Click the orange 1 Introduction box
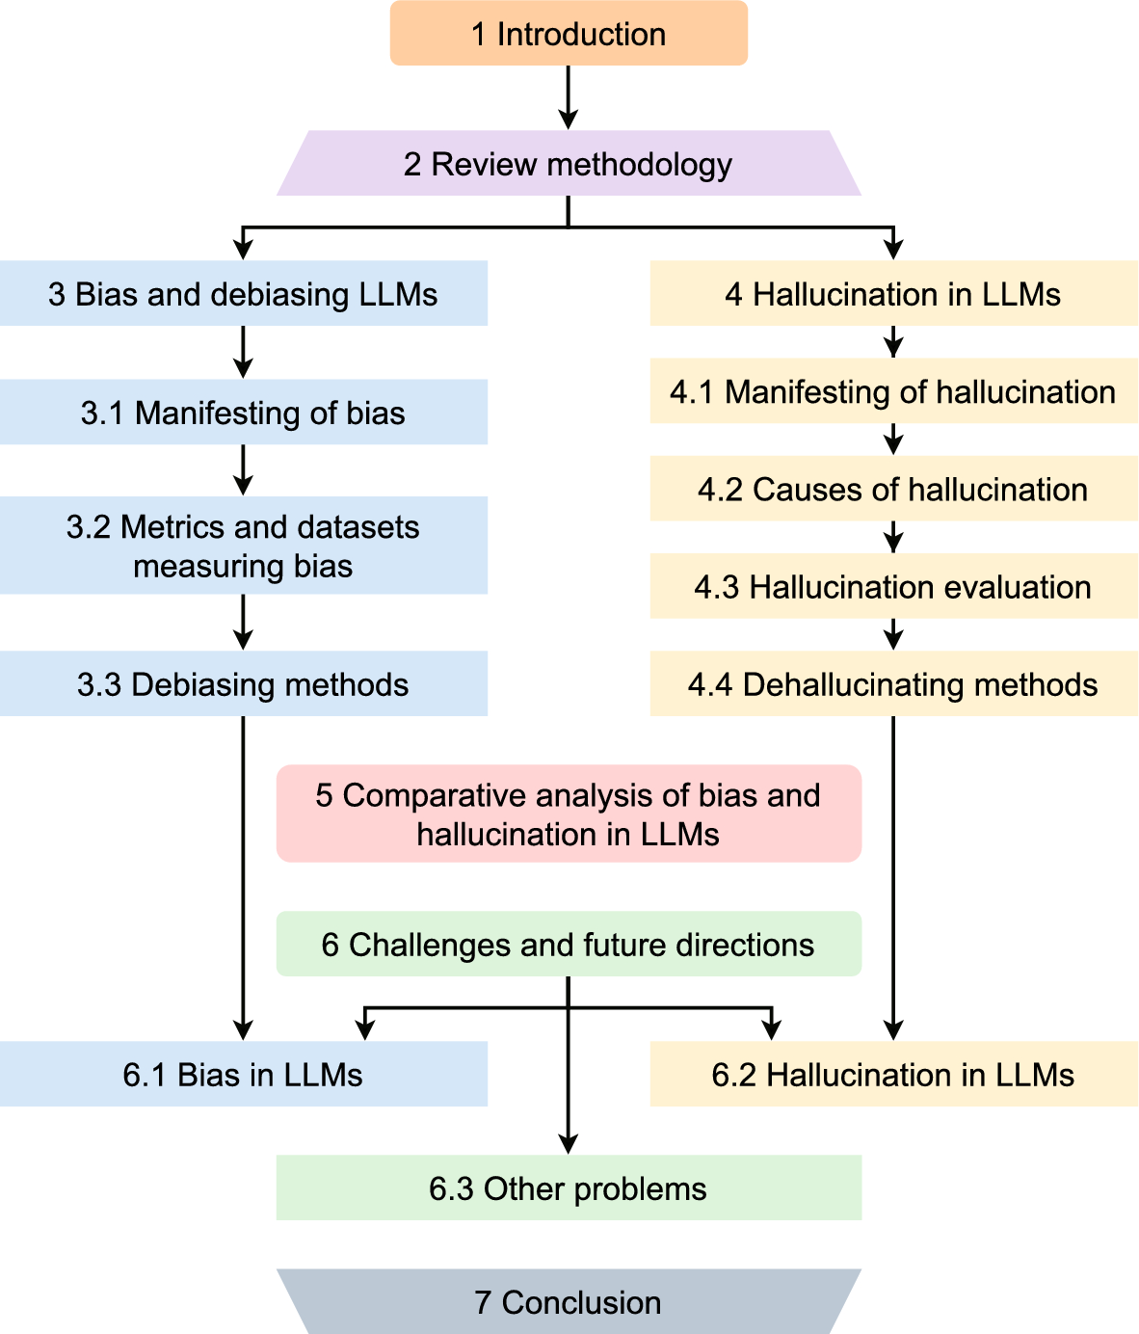click(x=569, y=34)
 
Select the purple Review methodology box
click(x=569, y=164)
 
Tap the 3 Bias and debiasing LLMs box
click(x=243, y=293)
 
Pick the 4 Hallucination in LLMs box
click(x=893, y=293)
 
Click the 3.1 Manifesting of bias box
click(x=243, y=413)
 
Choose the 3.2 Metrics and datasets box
click(x=243, y=546)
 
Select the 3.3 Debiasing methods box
click(x=243, y=684)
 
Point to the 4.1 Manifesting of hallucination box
click(x=893, y=391)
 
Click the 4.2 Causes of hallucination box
click(x=893, y=489)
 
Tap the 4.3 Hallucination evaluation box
click(x=893, y=586)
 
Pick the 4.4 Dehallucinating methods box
click(x=893, y=684)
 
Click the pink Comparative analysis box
click(x=569, y=814)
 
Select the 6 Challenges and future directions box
click(x=569, y=945)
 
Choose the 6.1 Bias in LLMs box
click(x=243, y=1074)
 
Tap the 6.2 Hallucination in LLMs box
click(x=893, y=1074)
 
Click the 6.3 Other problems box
click(x=569, y=1187)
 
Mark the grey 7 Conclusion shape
click(x=569, y=1302)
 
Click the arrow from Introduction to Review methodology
click(x=569, y=96)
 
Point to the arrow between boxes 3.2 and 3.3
click(x=243, y=621)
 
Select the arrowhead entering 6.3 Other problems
click(x=569, y=1143)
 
